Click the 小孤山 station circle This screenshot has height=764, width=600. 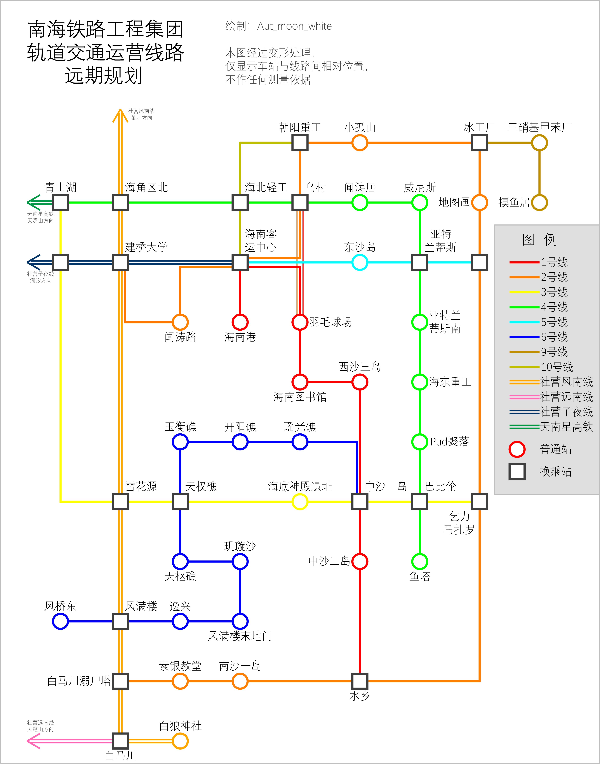(x=360, y=143)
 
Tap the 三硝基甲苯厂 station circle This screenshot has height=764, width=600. (x=539, y=143)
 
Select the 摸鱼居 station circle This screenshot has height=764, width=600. (x=539, y=202)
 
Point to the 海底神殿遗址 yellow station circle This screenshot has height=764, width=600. (x=300, y=502)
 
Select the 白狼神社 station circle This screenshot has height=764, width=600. (x=180, y=741)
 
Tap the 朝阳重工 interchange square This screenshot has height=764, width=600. (x=300, y=143)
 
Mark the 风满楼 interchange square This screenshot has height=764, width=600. (x=120, y=621)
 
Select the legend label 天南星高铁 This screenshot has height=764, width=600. (x=566, y=427)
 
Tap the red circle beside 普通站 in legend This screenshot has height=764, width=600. (x=517, y=449)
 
